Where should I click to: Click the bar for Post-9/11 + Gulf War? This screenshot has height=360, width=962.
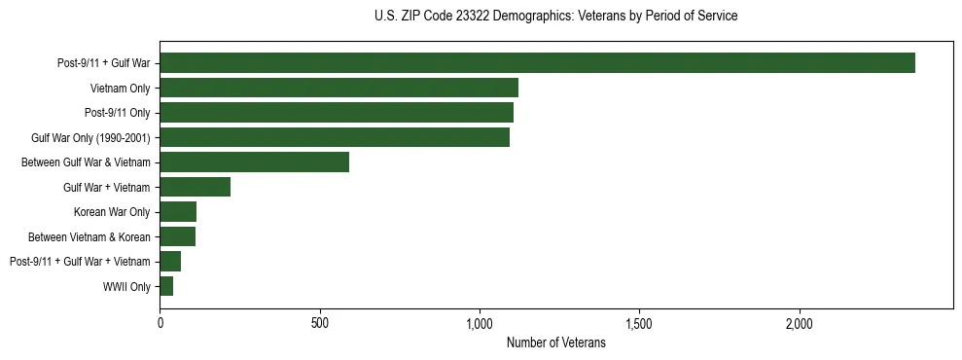(x=537, y=63)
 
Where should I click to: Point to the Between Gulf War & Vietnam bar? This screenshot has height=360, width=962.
(x=254, y=162)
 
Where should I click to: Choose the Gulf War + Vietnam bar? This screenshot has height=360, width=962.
(x=195, y=187)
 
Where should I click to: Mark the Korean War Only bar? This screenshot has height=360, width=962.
(x=178, y=212)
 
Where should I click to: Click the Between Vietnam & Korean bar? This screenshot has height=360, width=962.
(x=177, y=236)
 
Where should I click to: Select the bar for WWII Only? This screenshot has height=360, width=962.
(x=166, y=286)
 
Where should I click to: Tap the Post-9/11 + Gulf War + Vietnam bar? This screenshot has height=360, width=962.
(x=170, y=262)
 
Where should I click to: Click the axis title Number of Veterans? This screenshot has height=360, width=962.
(x=555, y=343)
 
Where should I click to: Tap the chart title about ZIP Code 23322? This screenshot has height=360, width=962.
(x=555, y=17)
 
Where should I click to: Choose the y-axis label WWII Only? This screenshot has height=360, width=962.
(x=126, y=287)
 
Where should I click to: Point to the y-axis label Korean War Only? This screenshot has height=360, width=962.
(x=112, y=212)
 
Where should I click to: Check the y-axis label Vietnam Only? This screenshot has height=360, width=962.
(x=119, y=89)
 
